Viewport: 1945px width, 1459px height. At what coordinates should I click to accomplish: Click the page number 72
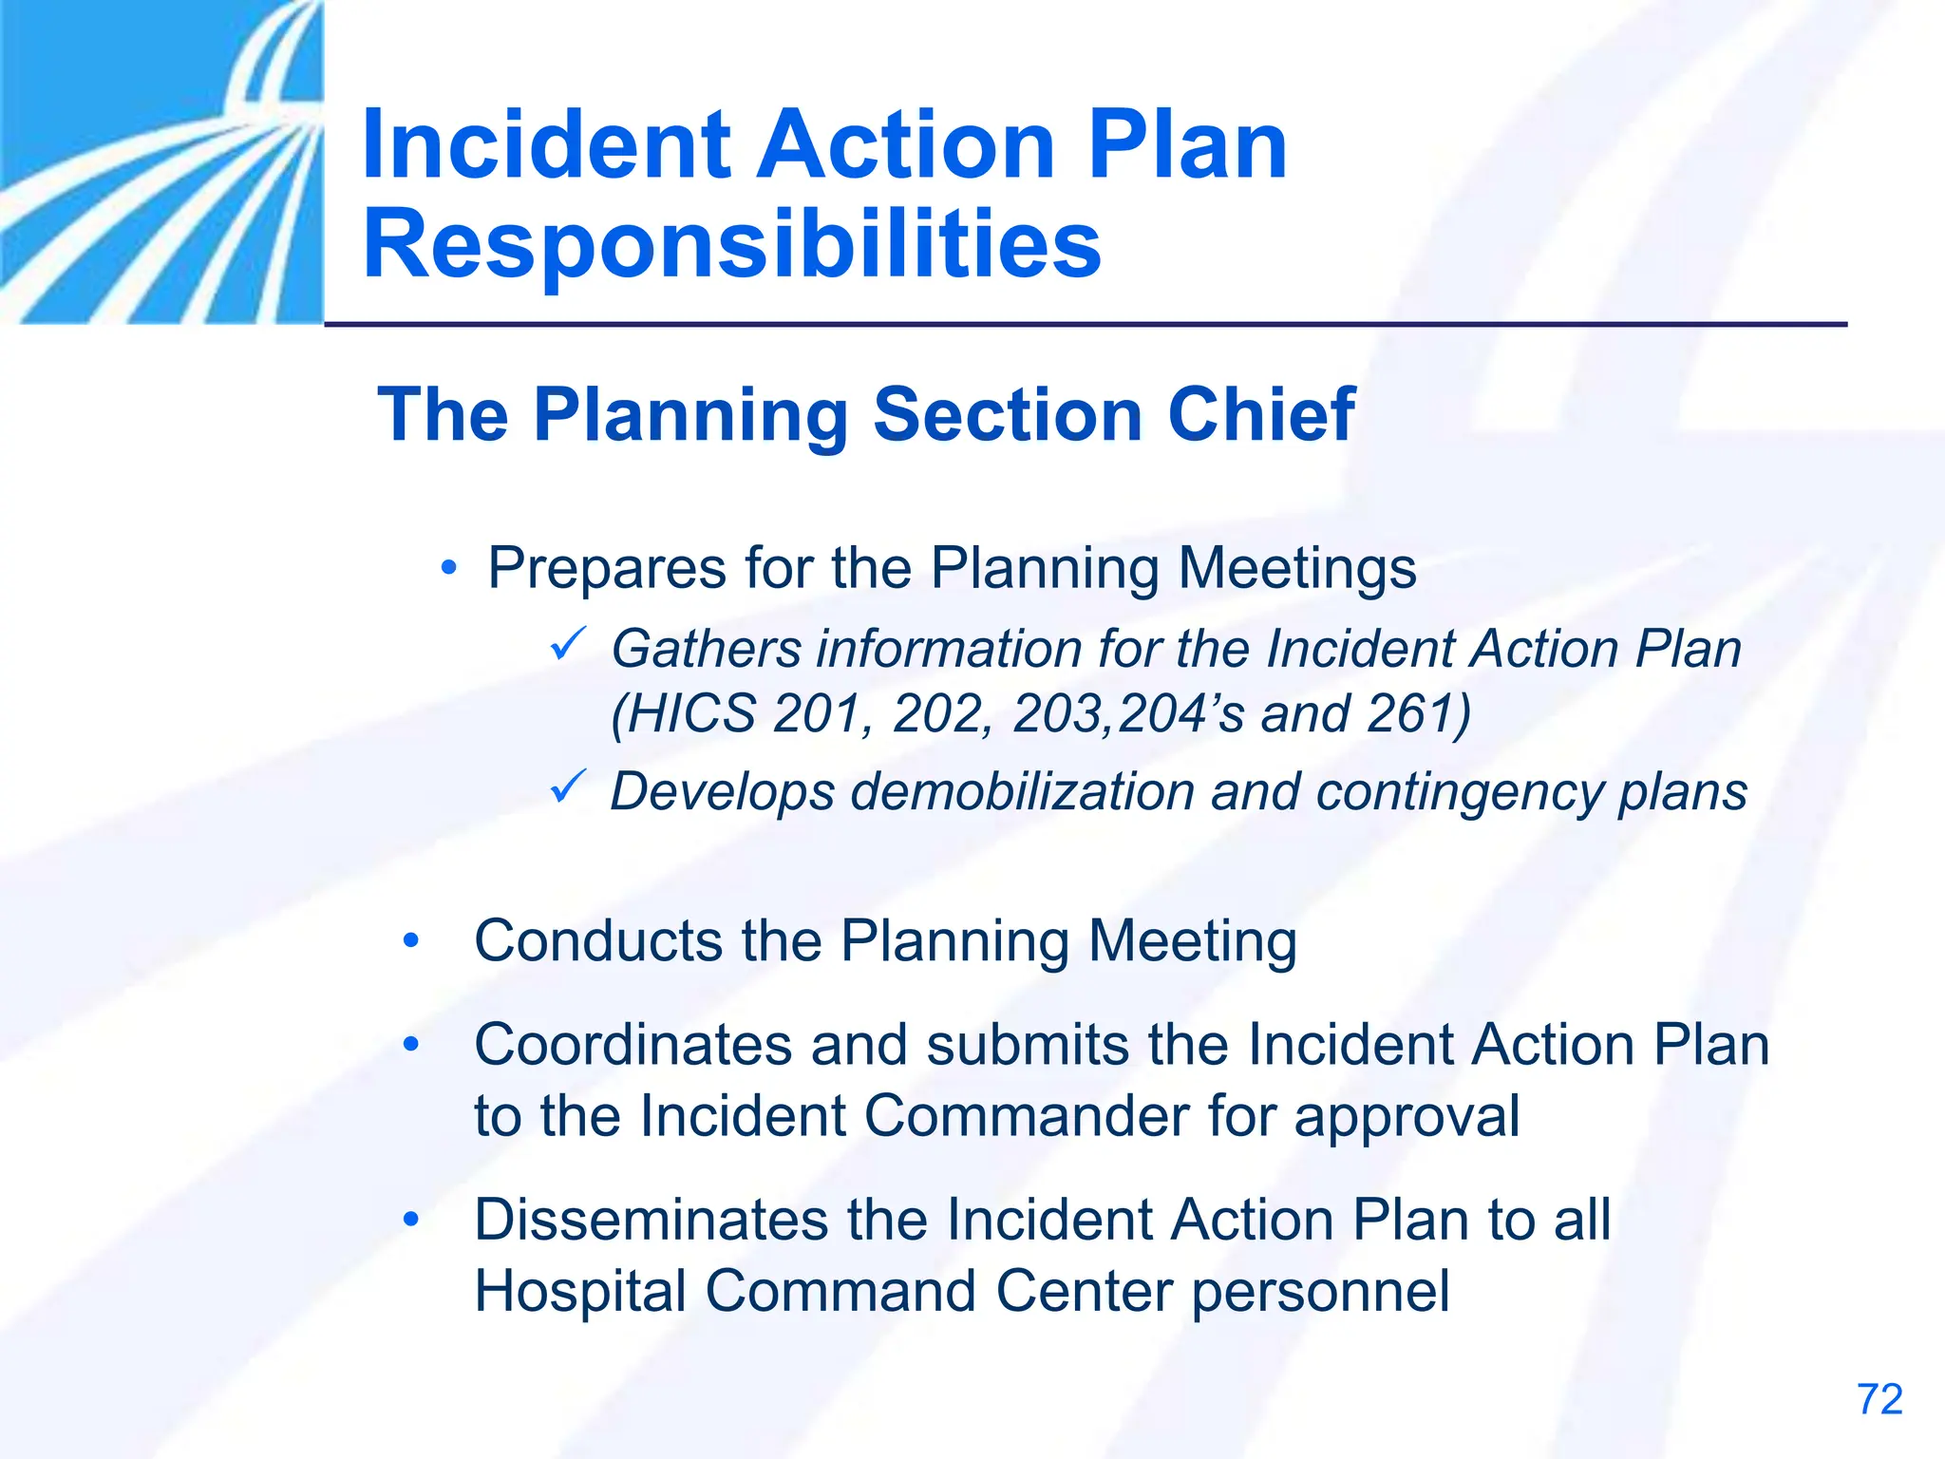(1879, 1400)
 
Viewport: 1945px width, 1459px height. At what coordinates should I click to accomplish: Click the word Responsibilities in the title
(731, 245)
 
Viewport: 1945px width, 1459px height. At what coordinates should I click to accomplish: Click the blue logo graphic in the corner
(161, 161)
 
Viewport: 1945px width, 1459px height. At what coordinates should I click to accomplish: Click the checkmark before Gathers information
(569, 646)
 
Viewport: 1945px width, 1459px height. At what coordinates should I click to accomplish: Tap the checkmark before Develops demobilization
(569, 787)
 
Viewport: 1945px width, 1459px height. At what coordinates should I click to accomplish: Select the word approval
(1407, 1118)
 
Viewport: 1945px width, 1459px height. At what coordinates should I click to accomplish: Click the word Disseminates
(651, 1221)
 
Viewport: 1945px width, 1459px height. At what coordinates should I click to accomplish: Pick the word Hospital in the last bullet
(580, 1293)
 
